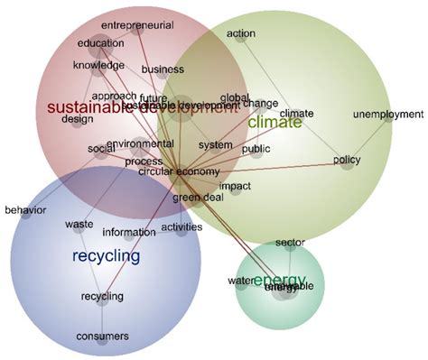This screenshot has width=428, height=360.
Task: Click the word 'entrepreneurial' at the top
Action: (x=136, y=25)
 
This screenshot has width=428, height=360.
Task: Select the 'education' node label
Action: (x=99, y=43)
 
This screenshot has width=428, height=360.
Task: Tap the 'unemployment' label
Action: (x=387, y=114)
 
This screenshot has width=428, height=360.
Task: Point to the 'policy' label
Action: (x=347, y=160)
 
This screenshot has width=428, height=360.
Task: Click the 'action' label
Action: (x=241, y=33)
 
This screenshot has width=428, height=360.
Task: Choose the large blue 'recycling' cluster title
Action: (x=106, y=256)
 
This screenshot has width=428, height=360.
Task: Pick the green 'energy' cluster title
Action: (x=279, y=280)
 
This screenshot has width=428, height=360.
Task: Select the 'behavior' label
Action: (x=24, y=210)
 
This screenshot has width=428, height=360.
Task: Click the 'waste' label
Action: (x=79, y=224)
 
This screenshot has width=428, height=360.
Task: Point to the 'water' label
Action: (x=241, y=282)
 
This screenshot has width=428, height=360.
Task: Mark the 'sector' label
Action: (x=290, y=243)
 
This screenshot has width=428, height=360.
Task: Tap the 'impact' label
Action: (x=235, y=187)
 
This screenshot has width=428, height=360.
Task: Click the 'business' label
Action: (x=163, y=69)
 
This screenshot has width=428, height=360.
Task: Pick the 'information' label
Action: (x=129, y=232)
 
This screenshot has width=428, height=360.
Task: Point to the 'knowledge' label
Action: (x=98, y=65)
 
